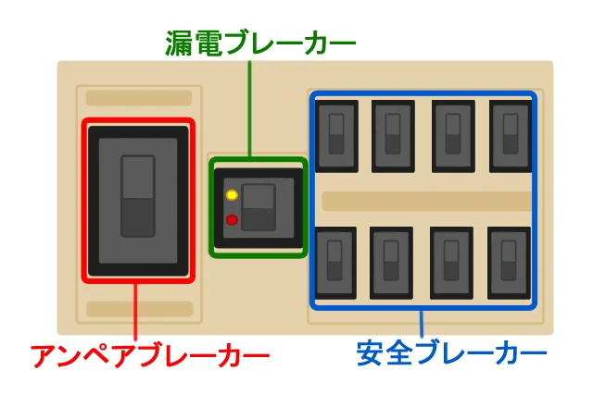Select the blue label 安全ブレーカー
click(451, 355)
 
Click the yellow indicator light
click(232, 195)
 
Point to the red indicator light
click(232, 220)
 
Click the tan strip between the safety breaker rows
click(425, 201)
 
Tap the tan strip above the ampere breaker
click(138, 98)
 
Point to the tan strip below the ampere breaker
click(138, 309)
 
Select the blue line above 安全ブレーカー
click(422, 324)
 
